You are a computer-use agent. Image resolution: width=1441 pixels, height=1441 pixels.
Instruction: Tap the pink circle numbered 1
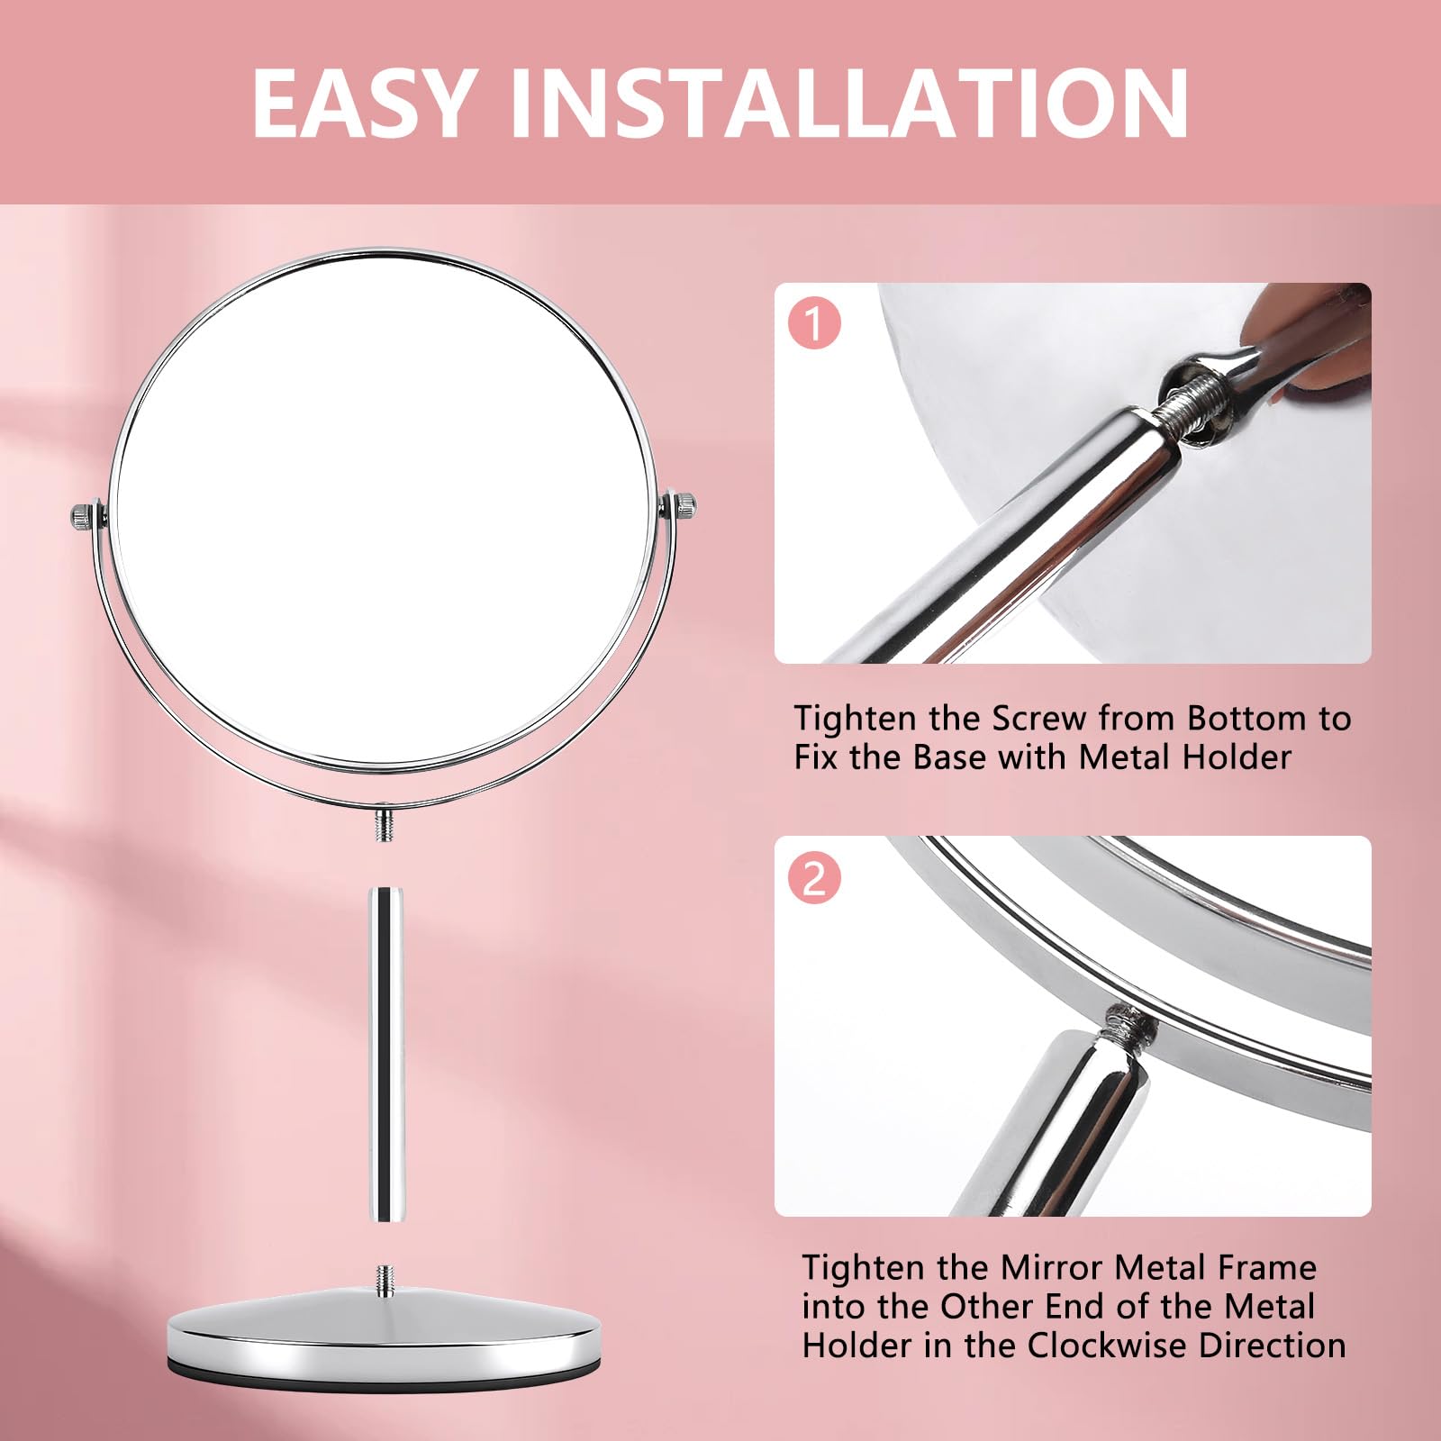(x=814, y=324)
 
